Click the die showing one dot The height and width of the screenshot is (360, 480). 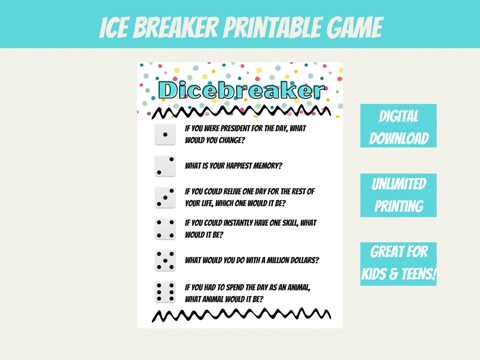tap(165, 134)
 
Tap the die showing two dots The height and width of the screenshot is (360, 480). tap(165, 166)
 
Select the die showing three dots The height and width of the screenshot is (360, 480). tap(165, 197)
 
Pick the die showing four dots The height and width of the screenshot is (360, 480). tap(165, 229)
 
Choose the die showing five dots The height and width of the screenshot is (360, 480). tap(165, 260)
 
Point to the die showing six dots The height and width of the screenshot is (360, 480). tap(165, 292)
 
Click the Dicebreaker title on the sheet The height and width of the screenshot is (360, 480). tap(241, 90)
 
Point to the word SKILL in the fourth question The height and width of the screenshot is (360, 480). tap(290, 223)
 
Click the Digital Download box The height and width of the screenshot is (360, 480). tap(398, 126)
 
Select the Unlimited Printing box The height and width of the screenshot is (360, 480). tap(398, 195)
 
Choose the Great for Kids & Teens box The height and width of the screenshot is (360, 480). tap(398, 264)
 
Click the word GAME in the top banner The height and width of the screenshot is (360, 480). tap(355, 28)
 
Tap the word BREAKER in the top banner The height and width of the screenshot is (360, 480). tap(176, 28)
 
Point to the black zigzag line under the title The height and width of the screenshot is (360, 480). tap(241, 112)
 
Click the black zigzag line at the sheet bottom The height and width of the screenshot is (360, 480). tap(241, 315)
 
